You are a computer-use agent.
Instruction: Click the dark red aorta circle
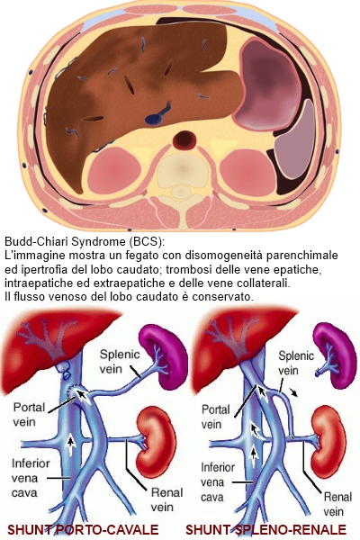coord(184,139)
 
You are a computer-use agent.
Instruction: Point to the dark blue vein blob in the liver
coord(154,119)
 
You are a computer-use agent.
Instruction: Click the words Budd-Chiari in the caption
coord(35,241)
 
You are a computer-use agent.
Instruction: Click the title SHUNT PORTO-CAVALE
coord(83,529)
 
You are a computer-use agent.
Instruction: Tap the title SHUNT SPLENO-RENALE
coord(265,529)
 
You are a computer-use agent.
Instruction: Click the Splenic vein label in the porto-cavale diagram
coord(115,361)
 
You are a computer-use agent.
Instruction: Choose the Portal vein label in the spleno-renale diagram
coord(215,417)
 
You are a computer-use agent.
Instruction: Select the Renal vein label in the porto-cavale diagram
coord(166,499)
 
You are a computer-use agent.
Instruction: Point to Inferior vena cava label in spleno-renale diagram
coord(218,482)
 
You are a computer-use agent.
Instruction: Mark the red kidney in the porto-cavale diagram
coord(157,442)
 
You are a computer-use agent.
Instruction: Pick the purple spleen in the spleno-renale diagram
coord(335,355)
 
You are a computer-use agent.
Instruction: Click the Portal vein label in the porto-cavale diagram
coord(29,414)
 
